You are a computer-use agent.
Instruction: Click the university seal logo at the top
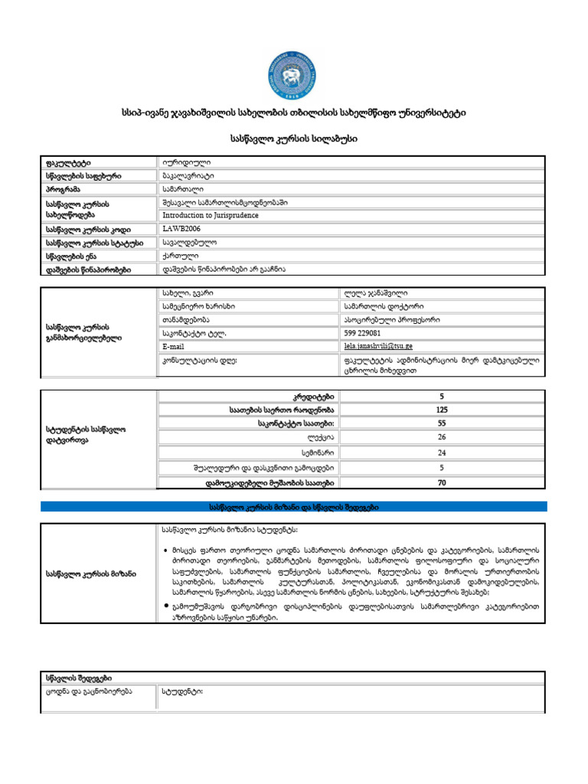click(293, 73)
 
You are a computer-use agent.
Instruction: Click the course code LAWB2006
click(181, 229)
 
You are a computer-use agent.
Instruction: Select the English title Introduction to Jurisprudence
click(210, 216)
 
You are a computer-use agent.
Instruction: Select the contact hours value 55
click(441, 423)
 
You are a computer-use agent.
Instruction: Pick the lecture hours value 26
click(441, 437)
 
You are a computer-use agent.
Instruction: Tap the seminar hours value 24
click(441, 452)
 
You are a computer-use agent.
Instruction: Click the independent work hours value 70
click(441, 482)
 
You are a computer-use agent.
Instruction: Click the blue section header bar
click(293, 508)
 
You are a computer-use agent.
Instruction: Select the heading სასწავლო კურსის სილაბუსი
click(293, 140)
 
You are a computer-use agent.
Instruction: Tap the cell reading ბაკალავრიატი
click(188, 175)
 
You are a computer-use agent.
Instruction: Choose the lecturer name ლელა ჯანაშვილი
click(376, 294)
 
